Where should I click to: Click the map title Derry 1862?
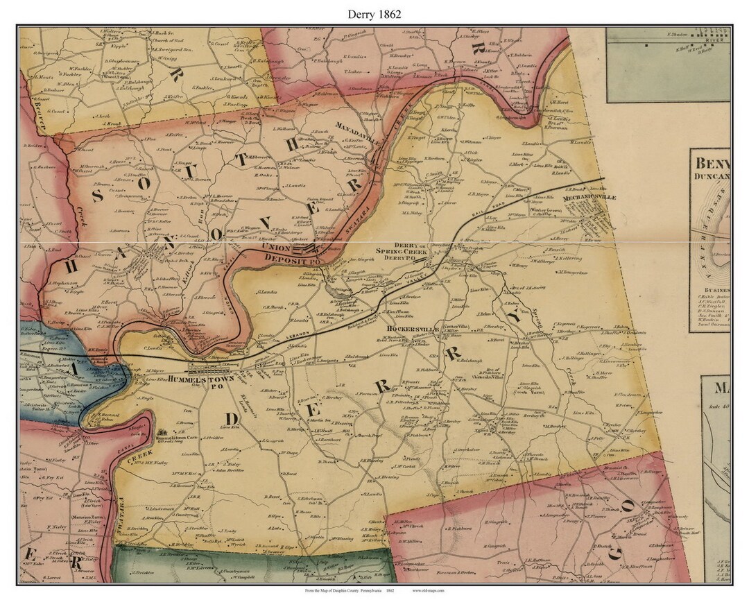pyautogui.click(x=375, y=13)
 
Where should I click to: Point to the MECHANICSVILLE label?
pyautogui.click(x=590, y=197)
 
